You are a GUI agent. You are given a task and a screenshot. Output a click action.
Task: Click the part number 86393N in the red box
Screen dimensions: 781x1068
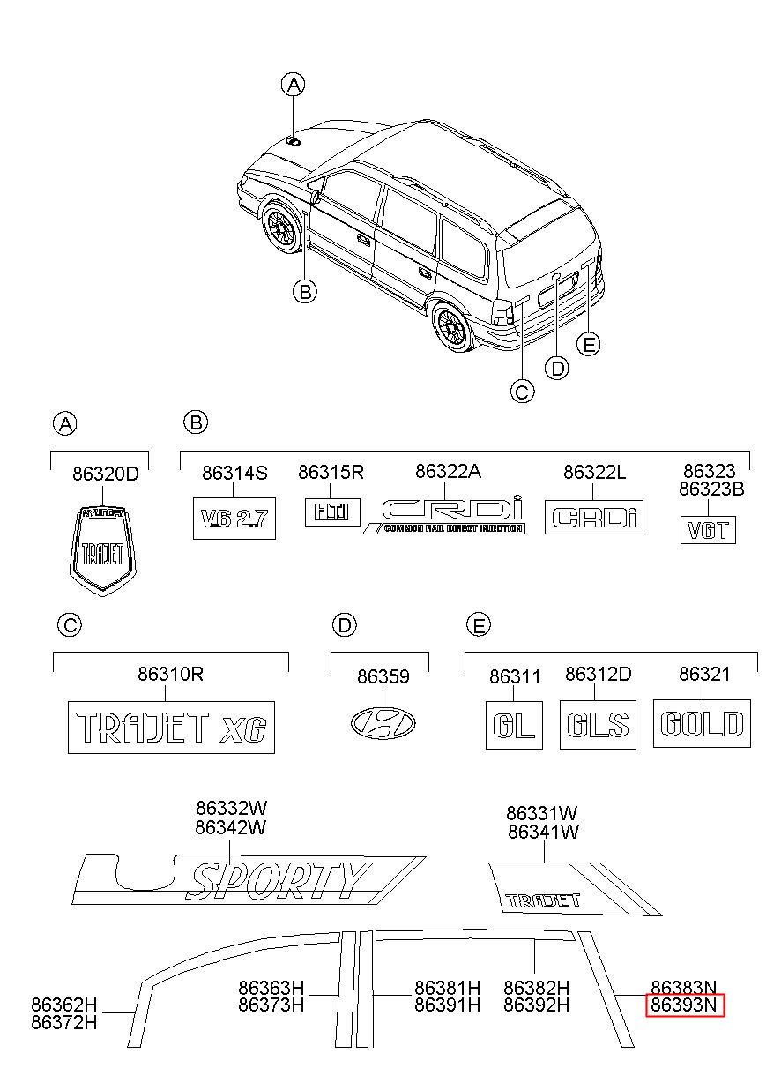[x=684, y=1005]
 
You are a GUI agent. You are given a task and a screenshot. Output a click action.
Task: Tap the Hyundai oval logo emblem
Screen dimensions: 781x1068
[x=383, y=723]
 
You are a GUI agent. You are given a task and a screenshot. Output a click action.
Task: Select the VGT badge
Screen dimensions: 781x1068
[x=708, y=530]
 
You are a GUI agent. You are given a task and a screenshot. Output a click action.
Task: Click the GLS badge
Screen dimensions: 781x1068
[x=598, y=724]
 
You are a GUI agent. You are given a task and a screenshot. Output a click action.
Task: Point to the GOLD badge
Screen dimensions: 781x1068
[x=702, y=723]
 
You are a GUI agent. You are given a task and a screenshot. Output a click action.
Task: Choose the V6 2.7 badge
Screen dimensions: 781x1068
[x=234, y=519]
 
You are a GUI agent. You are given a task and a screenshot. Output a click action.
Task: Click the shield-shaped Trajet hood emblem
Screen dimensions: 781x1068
[x=102, y=550]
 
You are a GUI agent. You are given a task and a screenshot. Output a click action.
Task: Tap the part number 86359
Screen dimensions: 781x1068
[x=383, y=676]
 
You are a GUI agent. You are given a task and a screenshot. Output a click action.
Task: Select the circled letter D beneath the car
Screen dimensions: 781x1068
[x=557, y=368]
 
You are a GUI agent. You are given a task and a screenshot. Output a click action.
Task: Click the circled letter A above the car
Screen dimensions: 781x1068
[x=294, y=85]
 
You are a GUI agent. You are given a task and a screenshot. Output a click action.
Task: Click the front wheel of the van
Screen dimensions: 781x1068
[x=283, y=228]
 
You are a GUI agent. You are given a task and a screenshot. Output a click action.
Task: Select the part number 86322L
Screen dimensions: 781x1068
[x=594, y=472]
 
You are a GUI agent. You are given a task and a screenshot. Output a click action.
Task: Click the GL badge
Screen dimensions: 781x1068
[x=514, y=725]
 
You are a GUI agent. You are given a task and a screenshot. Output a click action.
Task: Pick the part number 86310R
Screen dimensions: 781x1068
[x=171, y=674]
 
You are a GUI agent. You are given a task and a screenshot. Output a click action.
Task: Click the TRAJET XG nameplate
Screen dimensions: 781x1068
[x=172, y=727]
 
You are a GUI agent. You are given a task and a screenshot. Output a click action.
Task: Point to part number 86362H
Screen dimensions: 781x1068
[x=63, y=1005]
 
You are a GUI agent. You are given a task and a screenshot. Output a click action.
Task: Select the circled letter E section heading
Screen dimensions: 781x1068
[x=479, y=624]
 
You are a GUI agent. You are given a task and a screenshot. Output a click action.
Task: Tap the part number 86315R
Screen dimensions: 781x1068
[x=331, y=472]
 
